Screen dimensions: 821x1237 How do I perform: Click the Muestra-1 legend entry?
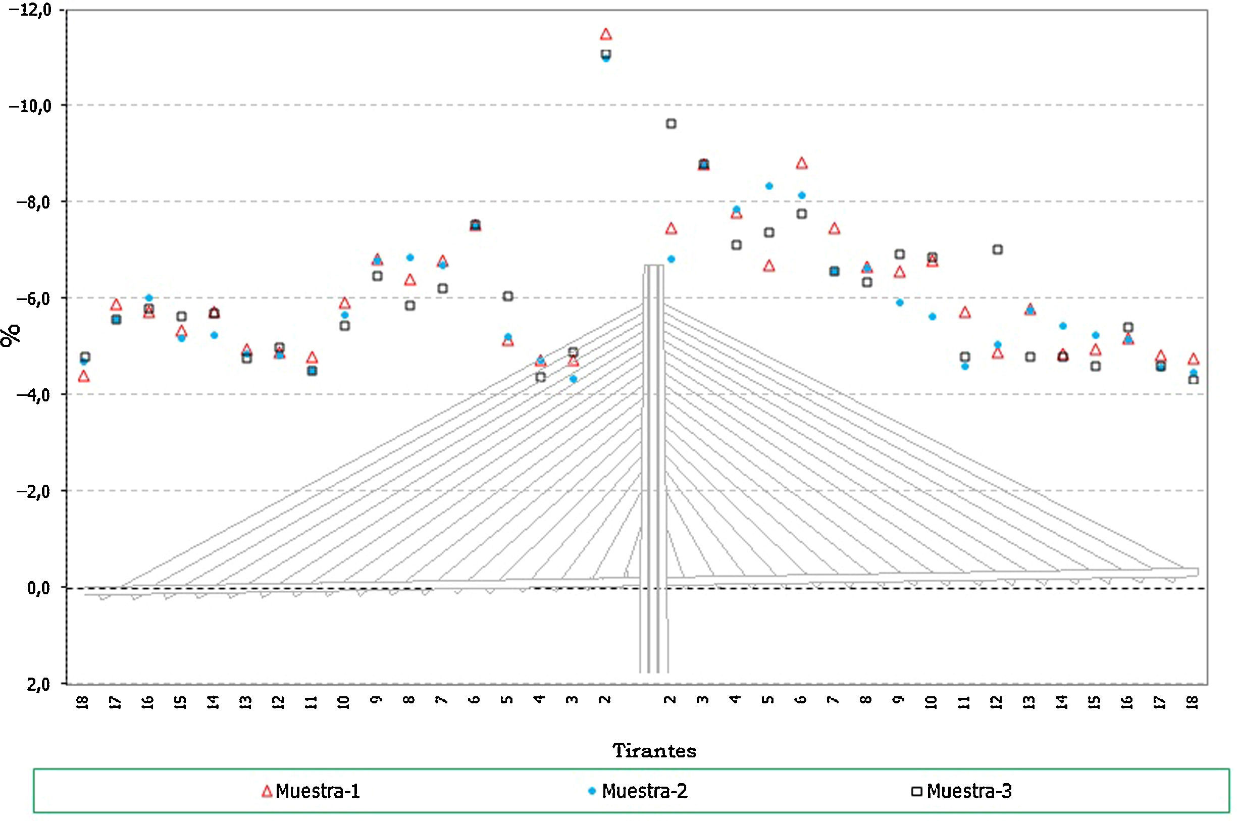311,791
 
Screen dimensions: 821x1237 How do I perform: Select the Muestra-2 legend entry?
637,791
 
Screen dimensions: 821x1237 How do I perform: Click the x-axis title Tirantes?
654,751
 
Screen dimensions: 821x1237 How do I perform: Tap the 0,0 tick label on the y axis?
39,589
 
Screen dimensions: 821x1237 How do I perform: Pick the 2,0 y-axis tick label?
39,684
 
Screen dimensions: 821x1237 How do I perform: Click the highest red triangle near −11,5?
606,34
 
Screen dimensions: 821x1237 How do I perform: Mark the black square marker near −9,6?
671,124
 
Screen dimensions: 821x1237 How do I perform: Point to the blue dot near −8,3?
768,186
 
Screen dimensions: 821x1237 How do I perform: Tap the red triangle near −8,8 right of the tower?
801,164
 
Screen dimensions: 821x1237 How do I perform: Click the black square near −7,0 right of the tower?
997,250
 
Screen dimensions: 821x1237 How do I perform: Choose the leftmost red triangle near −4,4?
84,377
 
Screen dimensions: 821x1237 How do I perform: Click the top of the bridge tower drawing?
653,266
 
